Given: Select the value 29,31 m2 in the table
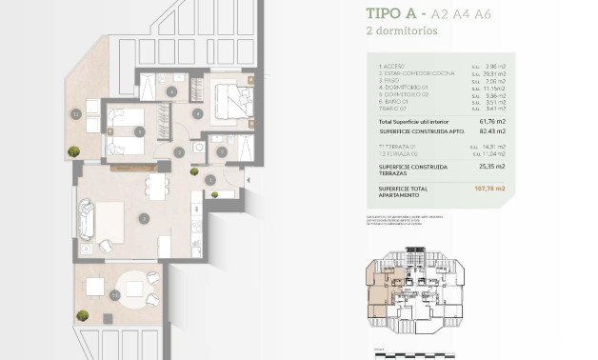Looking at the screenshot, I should pyautogui.click(x=497, y=74).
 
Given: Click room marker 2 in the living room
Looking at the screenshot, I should pyautogui.click(x=142, y=218).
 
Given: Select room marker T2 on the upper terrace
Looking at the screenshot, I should pyautogui.click(x=74, y=113).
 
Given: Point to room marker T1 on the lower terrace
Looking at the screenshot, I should pyautogui.click(x=114, y=296).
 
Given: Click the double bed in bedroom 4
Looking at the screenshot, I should pyautogui.click(x=228, y=98).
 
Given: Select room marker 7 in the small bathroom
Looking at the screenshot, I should pyautogui.click(x=221, y=150).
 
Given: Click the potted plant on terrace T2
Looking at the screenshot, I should pyautogui.click(x=73, y=149).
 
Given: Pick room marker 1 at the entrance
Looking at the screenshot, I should pyautogui.click(x=210, y=179).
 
